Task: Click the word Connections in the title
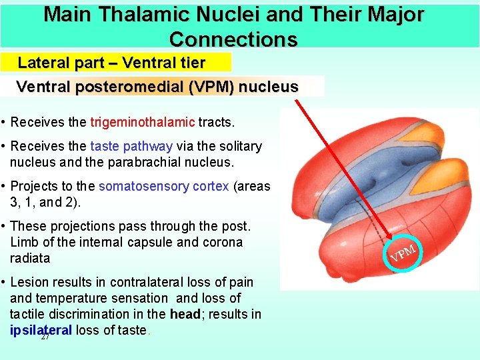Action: [x=233, y=39]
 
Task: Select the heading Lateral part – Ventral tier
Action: [x=111, y=63]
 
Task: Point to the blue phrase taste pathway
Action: [x=131, y=146]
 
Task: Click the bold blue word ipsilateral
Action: [x=41, y=330]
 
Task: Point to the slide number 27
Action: [x=45, y=337]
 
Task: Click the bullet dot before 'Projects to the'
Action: [x=4, y=187]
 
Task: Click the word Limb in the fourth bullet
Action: [x=23, y=242]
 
